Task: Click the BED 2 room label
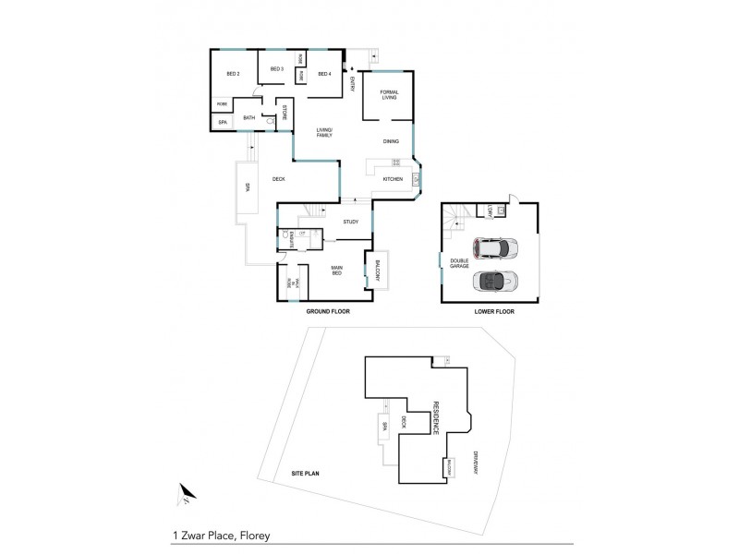pos(233,74)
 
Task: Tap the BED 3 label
pos(276,69)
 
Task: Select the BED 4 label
pos(324,74)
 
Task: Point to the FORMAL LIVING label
pos(389,95)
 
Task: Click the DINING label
pos(392,141)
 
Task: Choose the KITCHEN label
pos(393,178)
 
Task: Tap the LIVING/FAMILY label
pos(324,132)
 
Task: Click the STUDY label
pos(350,222)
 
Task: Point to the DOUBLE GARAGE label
pos(459,263)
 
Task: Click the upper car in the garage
pos(495,248)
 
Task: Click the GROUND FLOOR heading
pos(328,312)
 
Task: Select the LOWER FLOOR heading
pos(494,312)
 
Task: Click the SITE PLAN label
pos(306,473)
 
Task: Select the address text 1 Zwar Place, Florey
pos(220,535)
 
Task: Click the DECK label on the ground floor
pos(278,180)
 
